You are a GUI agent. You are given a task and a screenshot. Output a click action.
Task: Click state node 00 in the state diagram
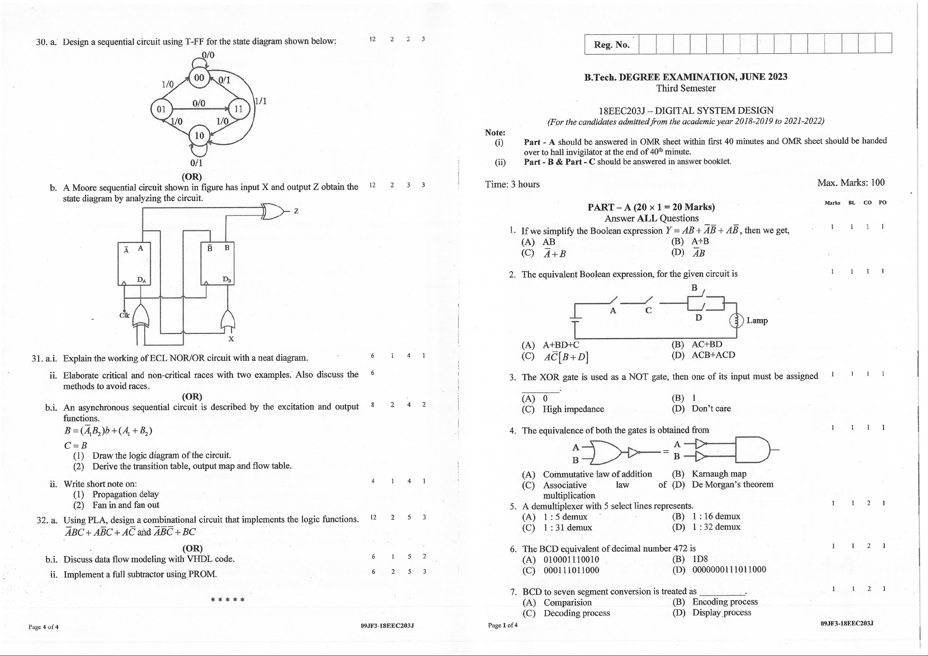(x=199, y=78)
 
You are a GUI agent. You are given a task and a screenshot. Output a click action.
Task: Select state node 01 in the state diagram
(x=161, y=109)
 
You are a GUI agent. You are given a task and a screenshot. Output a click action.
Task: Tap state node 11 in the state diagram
(x=238, y=109)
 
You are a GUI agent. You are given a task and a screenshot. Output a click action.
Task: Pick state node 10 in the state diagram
(x=199, y=136)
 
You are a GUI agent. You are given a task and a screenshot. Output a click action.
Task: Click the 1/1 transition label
(x=261, y=101)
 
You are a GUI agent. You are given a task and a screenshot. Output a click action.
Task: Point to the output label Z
(x=296, y=211)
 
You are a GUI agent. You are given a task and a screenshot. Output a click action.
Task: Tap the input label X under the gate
(x=231, y=339)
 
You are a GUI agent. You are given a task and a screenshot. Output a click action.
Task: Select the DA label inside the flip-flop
(x=141, y=279)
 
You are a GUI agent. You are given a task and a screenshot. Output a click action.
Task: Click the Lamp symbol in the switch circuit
(x=736, y=321)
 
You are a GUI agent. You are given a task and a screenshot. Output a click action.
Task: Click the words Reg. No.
(x=612, y=44)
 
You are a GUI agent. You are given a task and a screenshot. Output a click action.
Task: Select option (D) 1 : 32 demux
(x=715, y=527)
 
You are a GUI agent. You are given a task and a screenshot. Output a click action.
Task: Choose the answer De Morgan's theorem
(x=732, y=484)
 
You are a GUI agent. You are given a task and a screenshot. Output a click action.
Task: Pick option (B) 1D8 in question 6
(x=700, y=559)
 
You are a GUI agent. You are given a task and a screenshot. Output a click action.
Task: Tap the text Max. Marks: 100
(x=850, y=183)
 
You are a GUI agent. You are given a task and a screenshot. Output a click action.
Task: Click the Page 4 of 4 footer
(x=43, y=627)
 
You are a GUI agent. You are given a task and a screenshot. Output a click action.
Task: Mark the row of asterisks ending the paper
(x=228, y=600)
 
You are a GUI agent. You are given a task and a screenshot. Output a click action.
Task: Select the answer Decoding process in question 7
(x=576, y=613)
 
